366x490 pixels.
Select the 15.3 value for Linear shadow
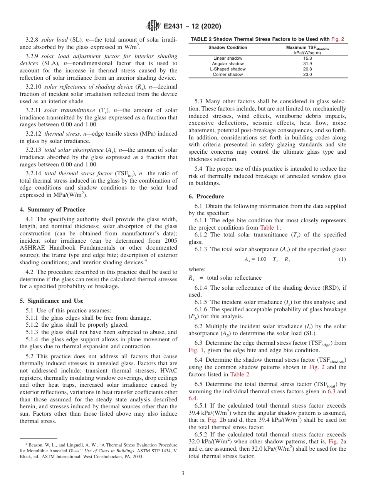(x=306, y=58)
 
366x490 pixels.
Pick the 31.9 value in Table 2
(x=306, y=64)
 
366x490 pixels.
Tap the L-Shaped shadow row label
(x=228, y=69)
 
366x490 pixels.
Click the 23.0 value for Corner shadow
(x=306, y=74)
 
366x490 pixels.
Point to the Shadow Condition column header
(x=228, y=48)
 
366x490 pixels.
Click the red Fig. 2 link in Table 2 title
(x=337, y=39)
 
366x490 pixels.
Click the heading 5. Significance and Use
(x=57, y=301)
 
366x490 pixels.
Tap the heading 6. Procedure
(x=207, y=196)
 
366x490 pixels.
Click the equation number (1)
(x=342, y=259)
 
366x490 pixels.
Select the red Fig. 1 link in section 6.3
(x=196, y=350)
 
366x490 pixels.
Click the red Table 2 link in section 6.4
(x=240, y=374)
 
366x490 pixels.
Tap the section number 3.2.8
(x=33, y=40)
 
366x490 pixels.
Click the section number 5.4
(x=199, y=169)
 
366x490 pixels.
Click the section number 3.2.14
(x=34, y=173)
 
